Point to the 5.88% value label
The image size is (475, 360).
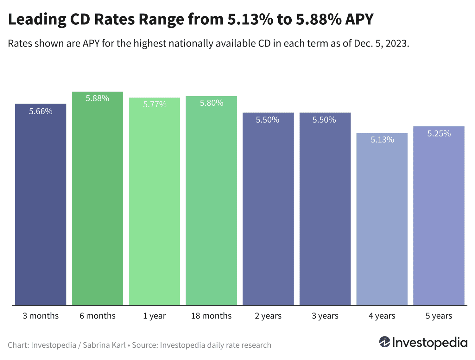coord(98,98)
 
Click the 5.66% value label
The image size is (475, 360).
coord(41,111)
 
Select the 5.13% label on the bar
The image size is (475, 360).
coord(382,140)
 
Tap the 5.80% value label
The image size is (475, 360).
coord(211,103)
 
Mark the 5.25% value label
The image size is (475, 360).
coord(439,134)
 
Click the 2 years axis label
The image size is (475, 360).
coord(268,316)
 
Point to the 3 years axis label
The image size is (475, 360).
coord(325,316)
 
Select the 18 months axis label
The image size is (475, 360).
coord(211,316)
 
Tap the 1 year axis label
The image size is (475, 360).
coord(155,316)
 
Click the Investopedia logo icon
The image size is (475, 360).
coord(384,342)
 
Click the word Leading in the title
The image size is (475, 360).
coord(37,20)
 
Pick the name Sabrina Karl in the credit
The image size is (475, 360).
coord(104,345)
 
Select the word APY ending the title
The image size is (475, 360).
coord(359,20)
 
